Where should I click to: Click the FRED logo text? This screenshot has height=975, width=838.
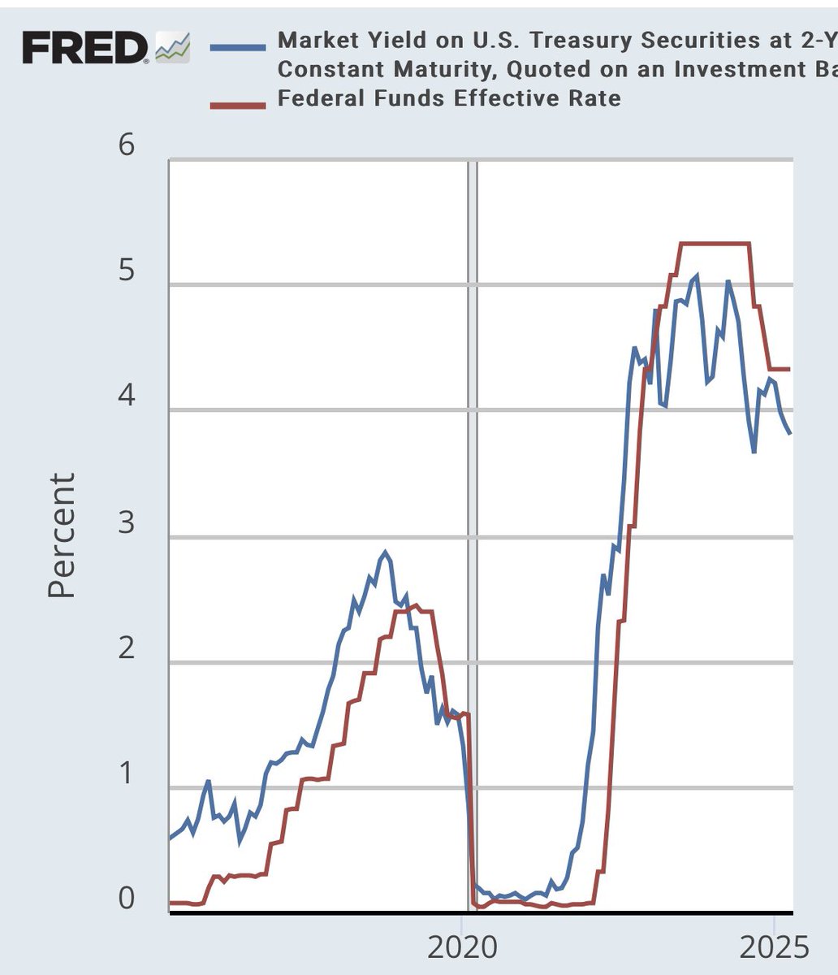click(84, 49)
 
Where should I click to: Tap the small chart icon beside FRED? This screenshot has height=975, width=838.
click(172, 49)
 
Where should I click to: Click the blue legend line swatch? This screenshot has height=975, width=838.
click(237, 47)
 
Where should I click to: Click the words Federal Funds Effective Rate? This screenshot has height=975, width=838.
click(449, 98)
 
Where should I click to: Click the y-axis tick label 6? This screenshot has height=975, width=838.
click(127, 146)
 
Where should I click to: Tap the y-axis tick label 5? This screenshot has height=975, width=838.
click(127, 271)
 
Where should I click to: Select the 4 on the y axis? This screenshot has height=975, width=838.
click(127, 396)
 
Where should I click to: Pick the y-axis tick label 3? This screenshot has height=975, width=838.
click(127, 523)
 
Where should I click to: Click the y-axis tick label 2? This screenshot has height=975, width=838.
click(127, 649)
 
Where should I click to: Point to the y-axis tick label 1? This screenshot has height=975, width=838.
click(127, 774)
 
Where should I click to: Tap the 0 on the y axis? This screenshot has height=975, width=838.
click(127, 899)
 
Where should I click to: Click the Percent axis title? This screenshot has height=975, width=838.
click(62, 535)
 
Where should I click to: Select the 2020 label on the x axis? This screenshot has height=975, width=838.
click(461, 947)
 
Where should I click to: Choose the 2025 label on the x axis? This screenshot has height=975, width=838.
click(775, 947)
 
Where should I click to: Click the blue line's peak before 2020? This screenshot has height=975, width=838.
click(386, 553)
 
